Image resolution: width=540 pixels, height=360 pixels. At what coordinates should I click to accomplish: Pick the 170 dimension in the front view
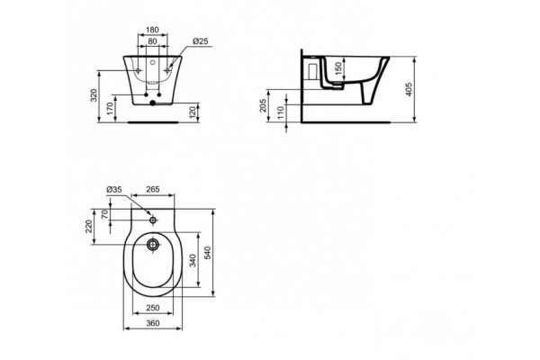tap(111, 110)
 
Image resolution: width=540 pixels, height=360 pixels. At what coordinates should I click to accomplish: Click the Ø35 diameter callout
tap(114, 189)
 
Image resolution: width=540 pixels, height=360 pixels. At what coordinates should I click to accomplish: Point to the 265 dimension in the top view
tap(152, 189)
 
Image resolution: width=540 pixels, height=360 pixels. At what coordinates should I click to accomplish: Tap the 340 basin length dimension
tap(193, 261)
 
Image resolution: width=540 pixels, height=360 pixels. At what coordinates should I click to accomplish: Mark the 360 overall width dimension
tap(152, 321)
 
